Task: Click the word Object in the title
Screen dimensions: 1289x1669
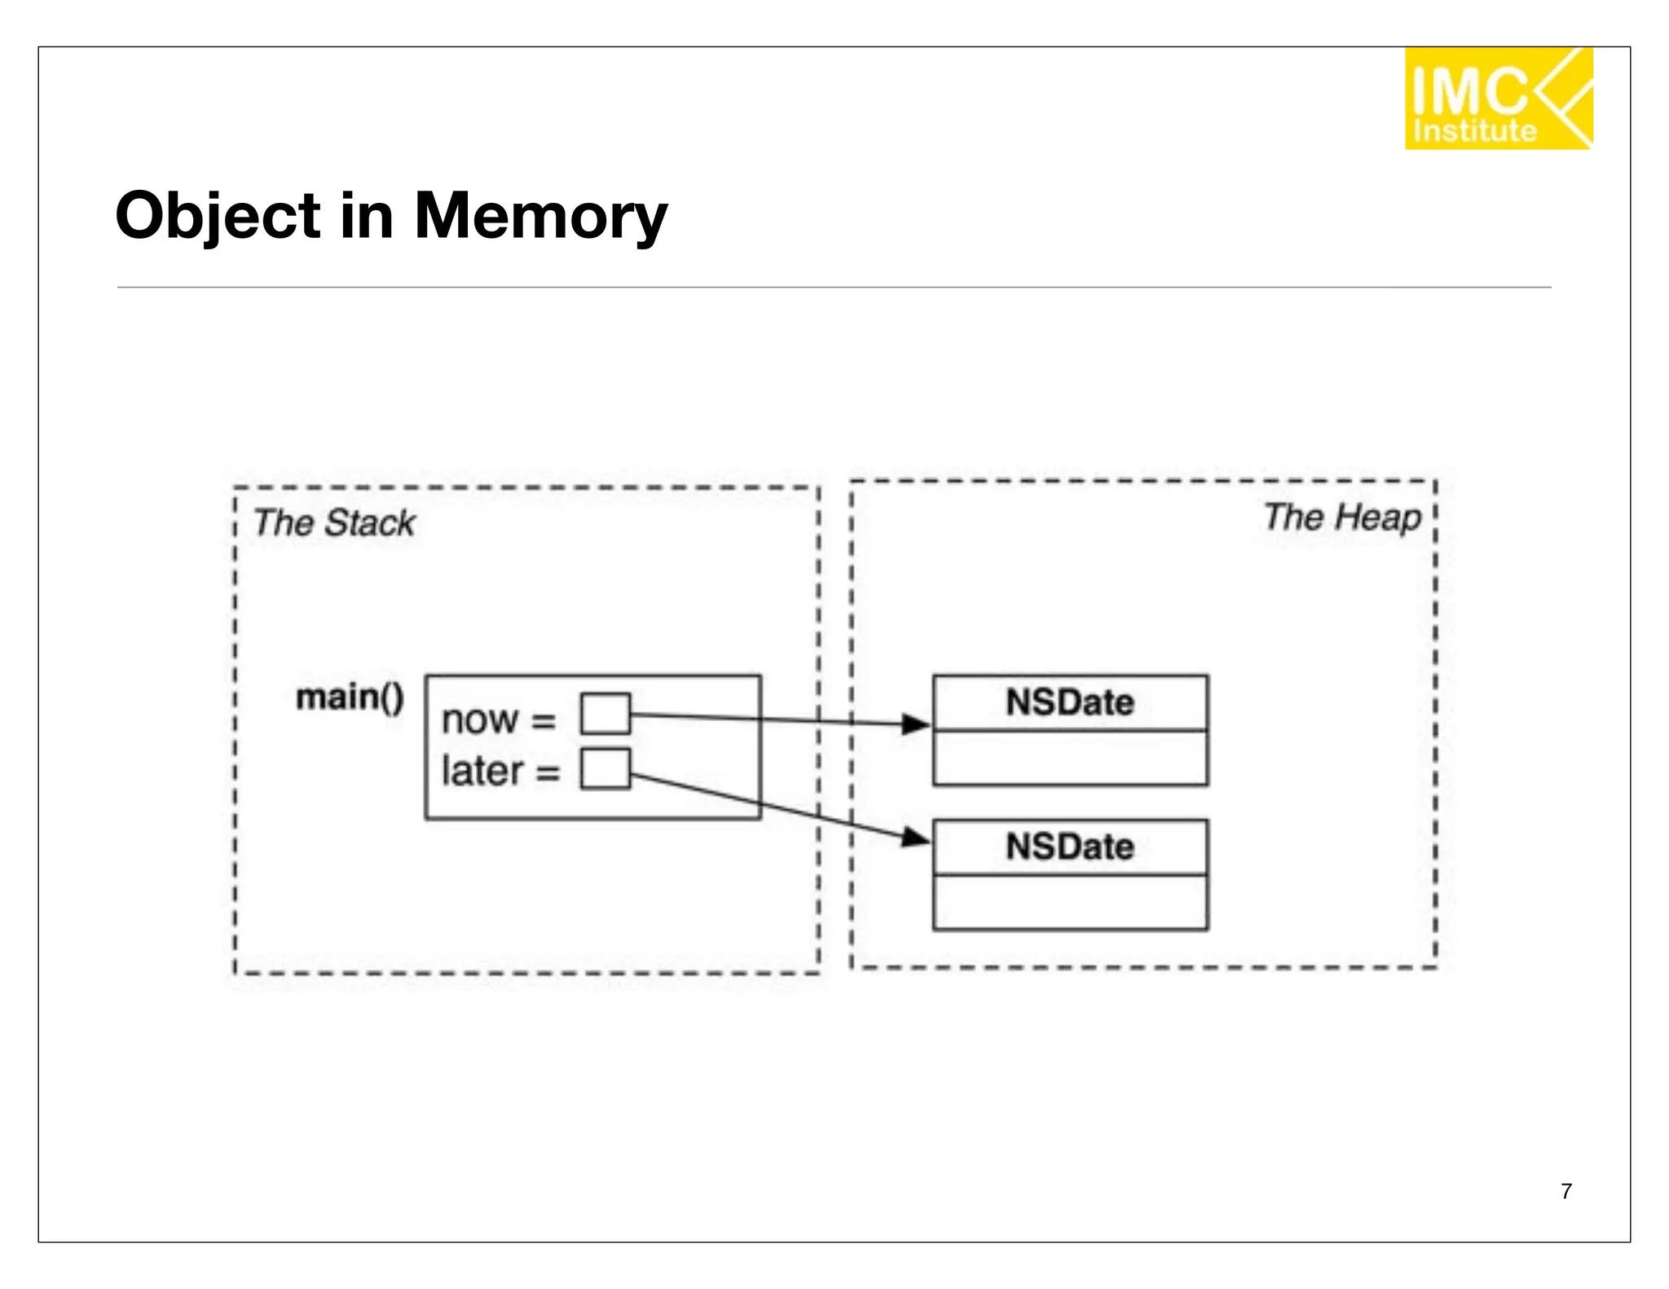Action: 218,217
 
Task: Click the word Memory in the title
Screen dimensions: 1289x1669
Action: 540,217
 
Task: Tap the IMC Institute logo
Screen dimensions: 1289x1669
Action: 1498,99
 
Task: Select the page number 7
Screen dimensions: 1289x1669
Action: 1566,1191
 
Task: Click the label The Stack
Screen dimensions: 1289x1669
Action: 333,522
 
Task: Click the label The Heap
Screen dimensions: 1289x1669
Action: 1342,517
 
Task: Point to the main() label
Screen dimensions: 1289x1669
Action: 350,697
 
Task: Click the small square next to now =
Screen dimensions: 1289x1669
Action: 605,714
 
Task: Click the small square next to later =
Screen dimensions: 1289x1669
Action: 605,768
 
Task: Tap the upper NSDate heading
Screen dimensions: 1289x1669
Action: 1069,702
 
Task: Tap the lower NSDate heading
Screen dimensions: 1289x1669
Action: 1069,847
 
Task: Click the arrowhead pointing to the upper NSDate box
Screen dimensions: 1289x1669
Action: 917,724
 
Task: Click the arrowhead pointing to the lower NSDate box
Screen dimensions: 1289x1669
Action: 917,837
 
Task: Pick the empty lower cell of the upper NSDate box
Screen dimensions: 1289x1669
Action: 1069,758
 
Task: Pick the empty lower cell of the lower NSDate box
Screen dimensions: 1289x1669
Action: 1069,902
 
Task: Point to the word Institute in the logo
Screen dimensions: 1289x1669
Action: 1474,131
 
